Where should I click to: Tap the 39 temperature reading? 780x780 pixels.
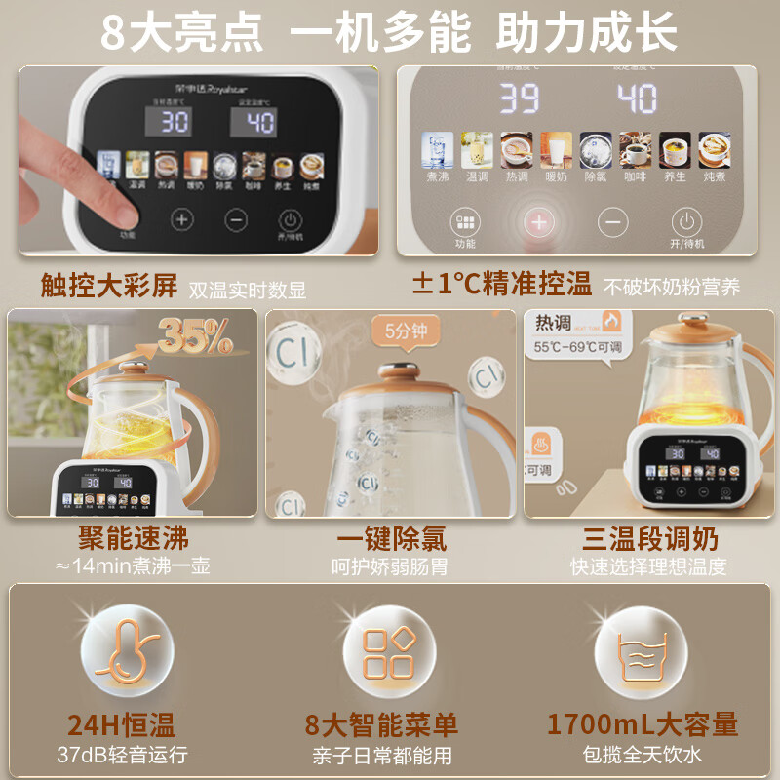tap(520, 98)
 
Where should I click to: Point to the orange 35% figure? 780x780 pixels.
tap(195, 337)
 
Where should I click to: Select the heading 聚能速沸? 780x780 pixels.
tap(134, 538)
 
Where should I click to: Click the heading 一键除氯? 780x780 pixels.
tap(391, 538)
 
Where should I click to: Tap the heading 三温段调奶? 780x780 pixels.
tap(648, 538)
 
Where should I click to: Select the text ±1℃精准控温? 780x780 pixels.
tap(501, 285)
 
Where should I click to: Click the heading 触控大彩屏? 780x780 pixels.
tap(109, 286)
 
